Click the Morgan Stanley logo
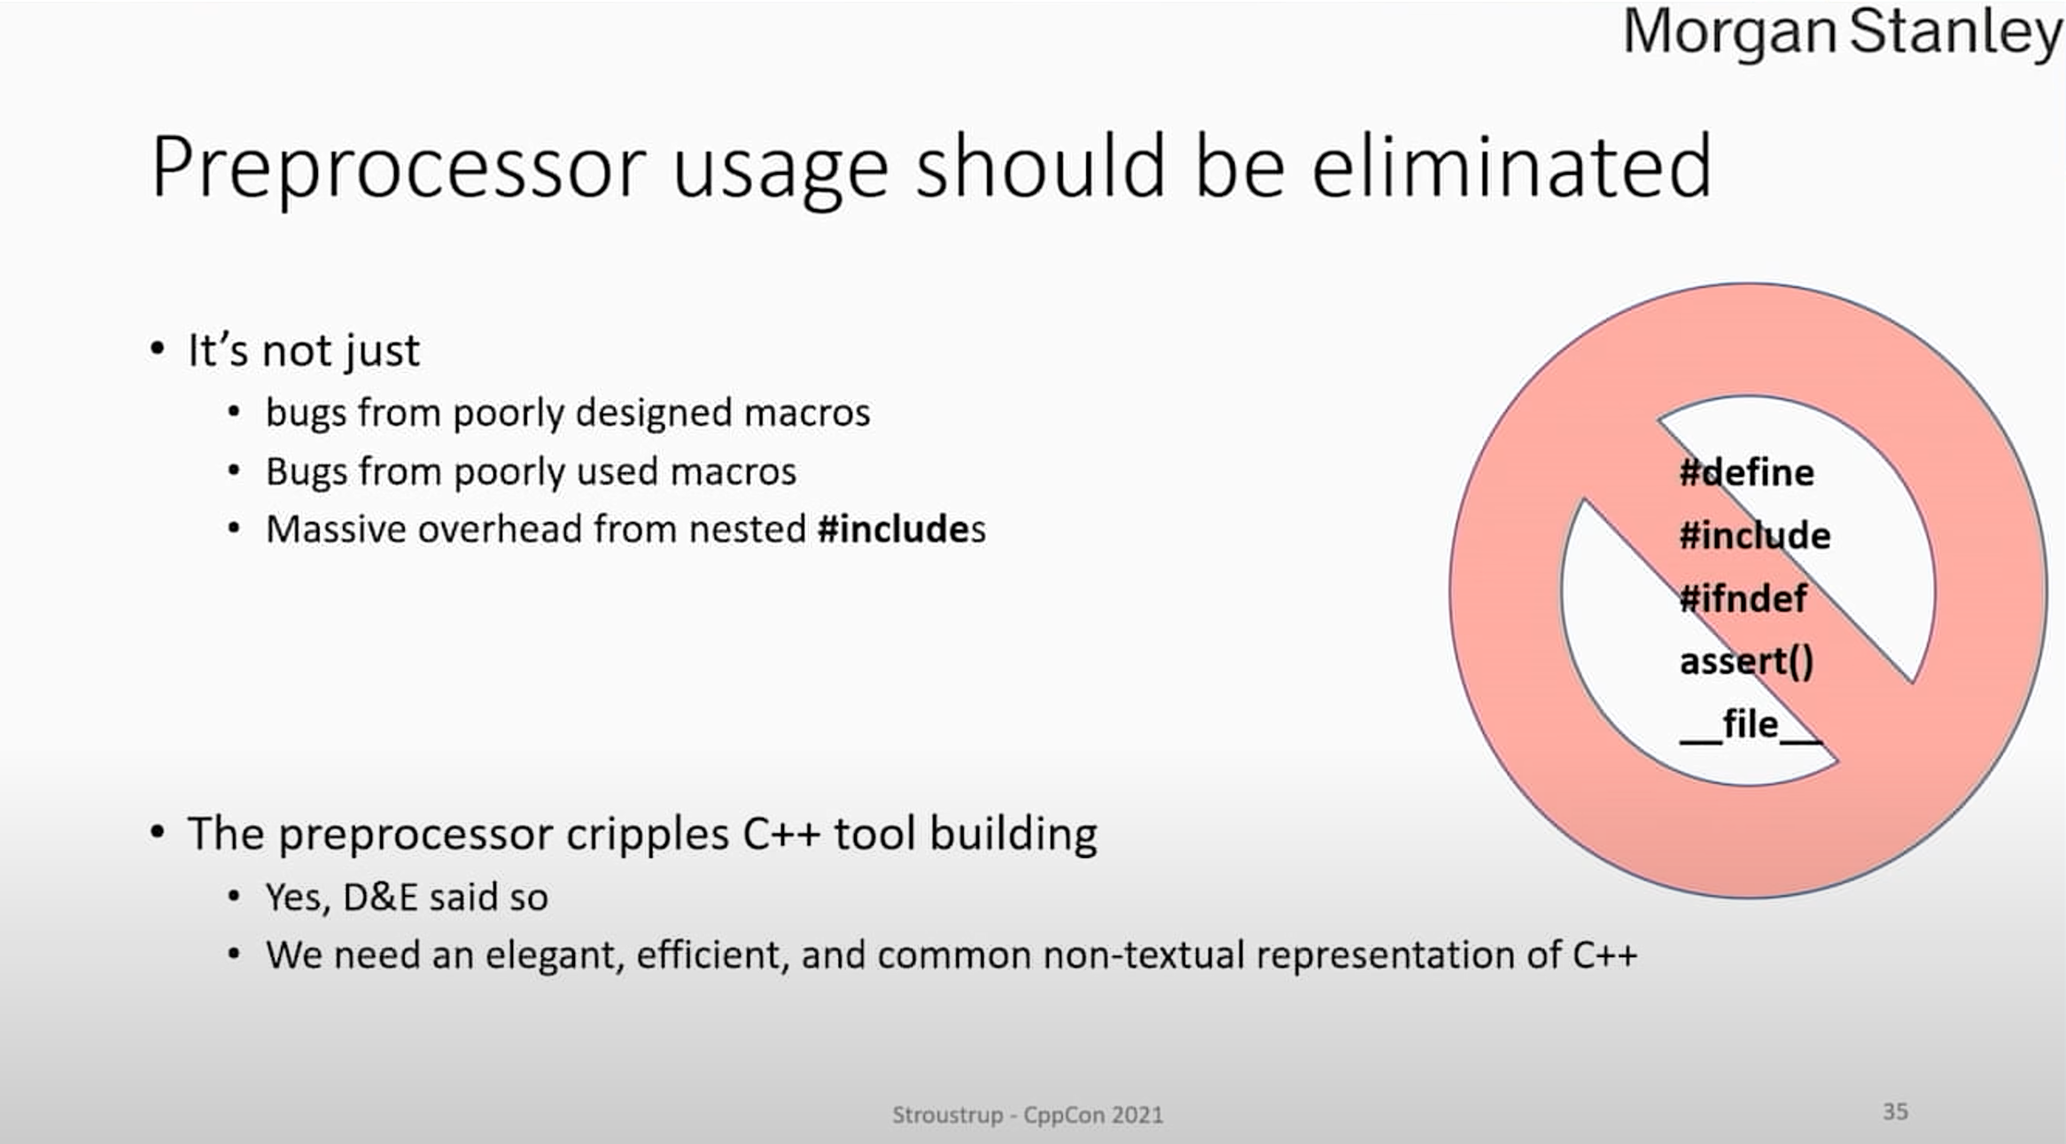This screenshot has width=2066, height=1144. click(x=1843, y=34)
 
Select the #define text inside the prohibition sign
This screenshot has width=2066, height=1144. click(x=1746, y=472)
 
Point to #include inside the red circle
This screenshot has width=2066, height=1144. click(x=1754, y=535)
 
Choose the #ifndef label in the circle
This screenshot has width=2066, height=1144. click(x=1743, y=598)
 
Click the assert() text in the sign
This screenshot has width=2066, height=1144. click(x=1746, y=662)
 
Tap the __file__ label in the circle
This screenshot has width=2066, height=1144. click(x=1750, y=726)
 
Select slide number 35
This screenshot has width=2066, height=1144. click(x=1895, y=1111)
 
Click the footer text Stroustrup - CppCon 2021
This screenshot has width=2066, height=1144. click(x=1028, y=1115)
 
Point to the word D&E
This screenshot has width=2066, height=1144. click(x=380, y=898)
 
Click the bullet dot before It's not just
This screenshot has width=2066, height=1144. click(x=158, y=348)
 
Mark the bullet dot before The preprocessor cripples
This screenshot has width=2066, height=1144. click(x=158, y=832)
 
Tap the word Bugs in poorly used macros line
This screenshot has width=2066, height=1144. click(x=306, y=472)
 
